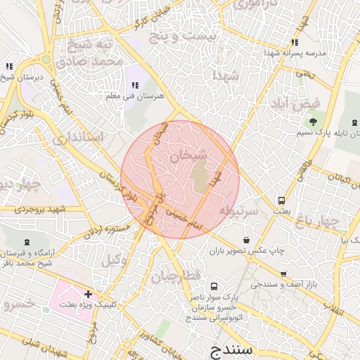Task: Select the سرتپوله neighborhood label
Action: click(x=235, y=210)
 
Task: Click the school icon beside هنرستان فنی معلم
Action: click(x=134, y=86)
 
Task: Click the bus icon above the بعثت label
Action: click(x=282, y=200)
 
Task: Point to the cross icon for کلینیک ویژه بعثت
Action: click(x=87, y=293)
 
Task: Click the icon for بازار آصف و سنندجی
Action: click(x=283, y=275)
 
